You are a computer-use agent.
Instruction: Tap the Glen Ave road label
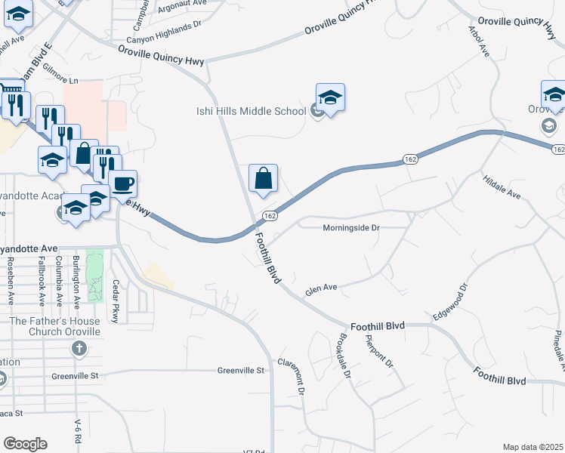pos(320,288)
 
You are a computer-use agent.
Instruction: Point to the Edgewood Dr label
pos(451,301)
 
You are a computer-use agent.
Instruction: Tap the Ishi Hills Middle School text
pos(247,112)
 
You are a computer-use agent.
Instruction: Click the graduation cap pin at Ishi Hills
pos(330,98)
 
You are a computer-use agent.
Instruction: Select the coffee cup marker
pos(122,183)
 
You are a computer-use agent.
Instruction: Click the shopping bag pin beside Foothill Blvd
pos(263,179)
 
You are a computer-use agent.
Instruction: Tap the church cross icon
pos(77,348)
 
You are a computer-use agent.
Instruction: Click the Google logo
pos(24,444)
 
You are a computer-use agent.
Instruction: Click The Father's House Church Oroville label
pos(54,326)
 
